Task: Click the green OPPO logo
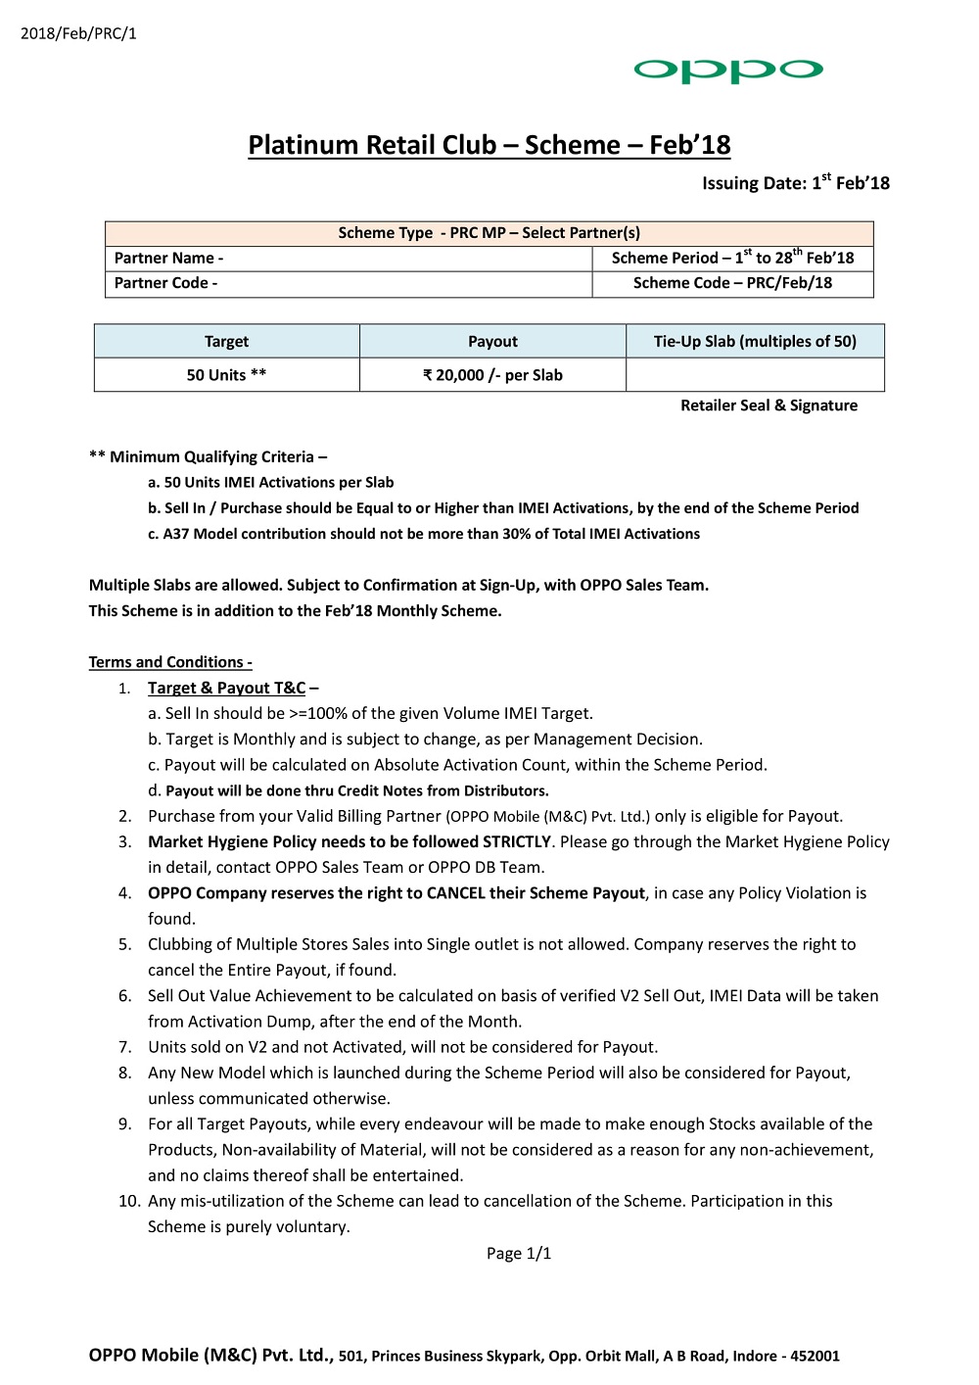(727, 70)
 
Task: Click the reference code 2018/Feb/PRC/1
(78, 33)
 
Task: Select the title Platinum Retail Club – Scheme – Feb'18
(489, 145)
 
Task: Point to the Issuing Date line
(795, 182)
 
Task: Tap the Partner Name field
(349, 258)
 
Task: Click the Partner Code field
(349, 283)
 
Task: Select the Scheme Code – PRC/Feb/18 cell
(732, 283)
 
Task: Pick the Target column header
(226, 341)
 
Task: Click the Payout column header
(492, 341)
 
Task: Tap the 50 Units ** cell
(226, 374)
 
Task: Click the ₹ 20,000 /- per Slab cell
(492, 374)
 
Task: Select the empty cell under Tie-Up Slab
(755, 374)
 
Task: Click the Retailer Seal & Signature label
(769, 406)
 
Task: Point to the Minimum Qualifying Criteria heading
(208, 456)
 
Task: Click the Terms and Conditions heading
(170, 662)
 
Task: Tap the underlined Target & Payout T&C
(226, 688)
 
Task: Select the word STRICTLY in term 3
(517, 841)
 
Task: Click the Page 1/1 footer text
(519, 1253)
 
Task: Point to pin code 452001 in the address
(815, 1356)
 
